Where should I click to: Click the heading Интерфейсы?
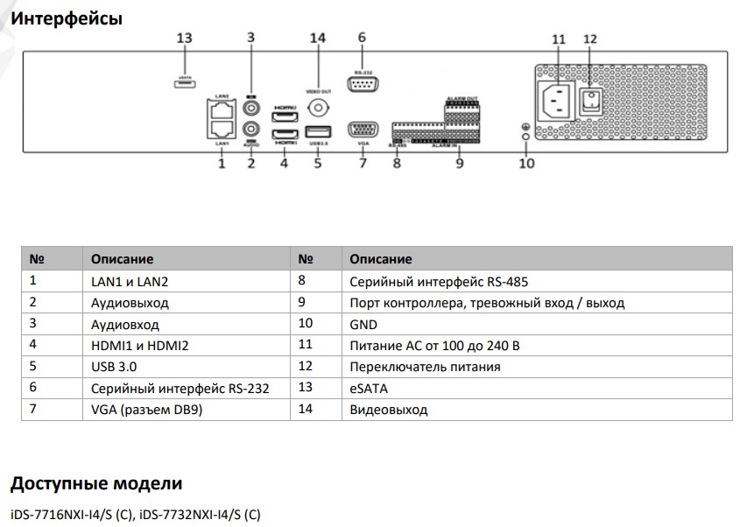click(x=66, y=18)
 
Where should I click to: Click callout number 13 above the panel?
click(x=184, y=39)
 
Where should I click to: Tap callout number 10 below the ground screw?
click(x=525, y=162)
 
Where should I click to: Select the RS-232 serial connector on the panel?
click(x=362, y=84)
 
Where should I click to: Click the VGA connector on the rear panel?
click(x=362, y=130)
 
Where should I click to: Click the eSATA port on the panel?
click(x=184, y=84)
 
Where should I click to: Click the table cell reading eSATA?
click(x=369, y=388)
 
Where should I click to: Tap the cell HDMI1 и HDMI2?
click(x=140, y=345)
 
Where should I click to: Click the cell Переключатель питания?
click(x=425, y=367)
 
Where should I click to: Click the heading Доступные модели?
click(x=96, y=483)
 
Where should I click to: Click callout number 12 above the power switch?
click(x=589, y=39)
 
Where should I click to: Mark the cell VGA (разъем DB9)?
click(x=146, y=409)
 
